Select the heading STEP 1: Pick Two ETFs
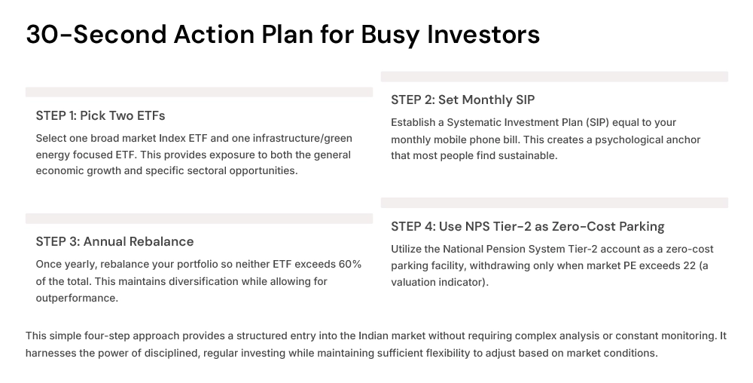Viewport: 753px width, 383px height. (x=100, y=115)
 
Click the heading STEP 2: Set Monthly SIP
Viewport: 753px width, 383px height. (x=462, y=100)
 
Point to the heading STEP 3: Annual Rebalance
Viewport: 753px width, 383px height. (x=114, y=241)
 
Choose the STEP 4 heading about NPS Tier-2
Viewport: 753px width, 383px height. (x=527, y=226)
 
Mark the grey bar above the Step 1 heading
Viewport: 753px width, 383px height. (x=199, y=92)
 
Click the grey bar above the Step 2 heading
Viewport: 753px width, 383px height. (x=554, y=76)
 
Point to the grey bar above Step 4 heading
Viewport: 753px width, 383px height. (x=554, y=203)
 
